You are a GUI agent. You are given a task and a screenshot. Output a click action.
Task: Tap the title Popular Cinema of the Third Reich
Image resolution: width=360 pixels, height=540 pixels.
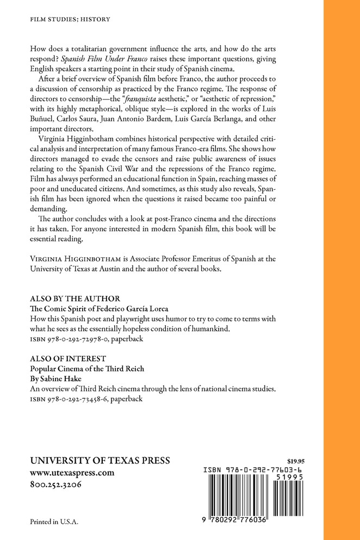tap(86, 369)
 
